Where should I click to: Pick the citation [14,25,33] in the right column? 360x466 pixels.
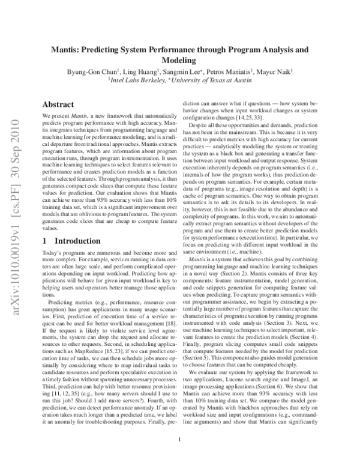(x=254, y=118)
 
